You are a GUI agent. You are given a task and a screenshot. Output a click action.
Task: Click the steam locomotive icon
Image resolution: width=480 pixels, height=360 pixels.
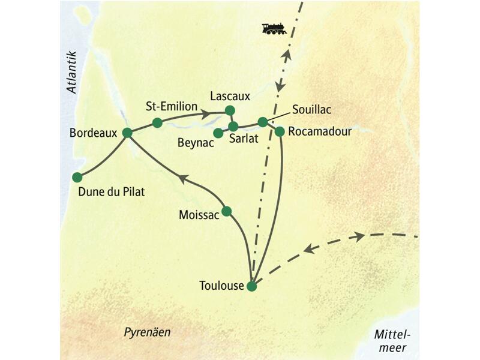click(274, 28)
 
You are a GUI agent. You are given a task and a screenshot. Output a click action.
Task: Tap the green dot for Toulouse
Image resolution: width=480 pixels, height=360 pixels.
click(252, 286)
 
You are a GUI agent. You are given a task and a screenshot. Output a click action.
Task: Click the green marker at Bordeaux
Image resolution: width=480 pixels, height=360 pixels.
click(127, 133)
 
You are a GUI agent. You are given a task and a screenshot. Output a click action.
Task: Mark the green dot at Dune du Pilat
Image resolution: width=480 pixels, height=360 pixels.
click(77, 177)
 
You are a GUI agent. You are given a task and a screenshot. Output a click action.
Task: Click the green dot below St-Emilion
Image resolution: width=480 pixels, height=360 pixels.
click(157, 123)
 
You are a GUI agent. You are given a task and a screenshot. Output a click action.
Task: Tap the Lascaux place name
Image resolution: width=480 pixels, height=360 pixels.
click(230, 95)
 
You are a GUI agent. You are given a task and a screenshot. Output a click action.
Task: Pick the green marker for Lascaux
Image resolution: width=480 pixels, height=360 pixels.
click(229, 110)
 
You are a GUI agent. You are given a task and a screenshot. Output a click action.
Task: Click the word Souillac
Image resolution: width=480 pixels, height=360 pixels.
click(311, 110)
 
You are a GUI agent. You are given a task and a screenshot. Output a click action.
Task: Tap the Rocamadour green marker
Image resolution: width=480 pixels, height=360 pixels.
click(280, 131)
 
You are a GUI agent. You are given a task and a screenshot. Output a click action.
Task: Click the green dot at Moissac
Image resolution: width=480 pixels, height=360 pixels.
click(227, 211)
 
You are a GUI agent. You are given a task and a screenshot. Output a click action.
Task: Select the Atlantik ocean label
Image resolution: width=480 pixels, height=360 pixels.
click(73, 71)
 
